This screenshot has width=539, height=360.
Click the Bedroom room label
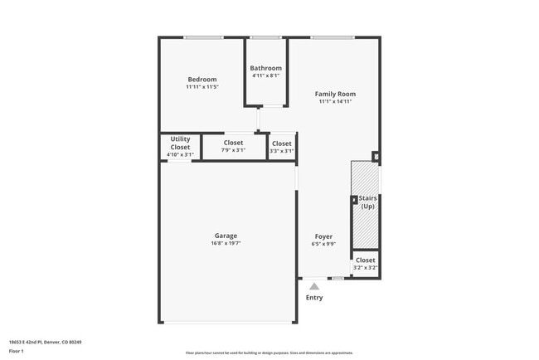(202, 80)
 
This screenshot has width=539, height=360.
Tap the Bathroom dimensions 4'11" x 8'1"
(266, 75)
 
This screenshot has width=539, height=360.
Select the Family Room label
(335, 94)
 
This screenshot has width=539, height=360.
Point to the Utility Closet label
(180, 143)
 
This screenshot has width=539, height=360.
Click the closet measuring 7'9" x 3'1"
(233, 146)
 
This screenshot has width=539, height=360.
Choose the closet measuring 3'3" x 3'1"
(282, 146)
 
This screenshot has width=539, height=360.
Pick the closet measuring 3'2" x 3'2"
(365, 264)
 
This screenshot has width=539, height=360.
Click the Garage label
(226, 236)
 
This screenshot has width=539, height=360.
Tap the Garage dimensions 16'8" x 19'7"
(226, 244)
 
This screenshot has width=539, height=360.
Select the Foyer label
(323, 236)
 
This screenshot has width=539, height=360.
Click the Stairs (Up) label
(367, 202)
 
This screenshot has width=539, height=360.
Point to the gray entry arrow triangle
(314, 286)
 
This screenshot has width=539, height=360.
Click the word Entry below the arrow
(314, 298)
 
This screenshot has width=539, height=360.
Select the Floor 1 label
(17, 351)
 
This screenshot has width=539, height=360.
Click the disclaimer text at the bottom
(269, 353)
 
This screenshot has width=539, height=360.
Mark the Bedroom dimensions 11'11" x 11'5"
(202, 87)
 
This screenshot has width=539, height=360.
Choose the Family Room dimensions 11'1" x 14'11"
(335, 102)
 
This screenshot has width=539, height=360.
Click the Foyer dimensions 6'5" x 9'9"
(323, 244)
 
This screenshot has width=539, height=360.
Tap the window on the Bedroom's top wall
(203, 37)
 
